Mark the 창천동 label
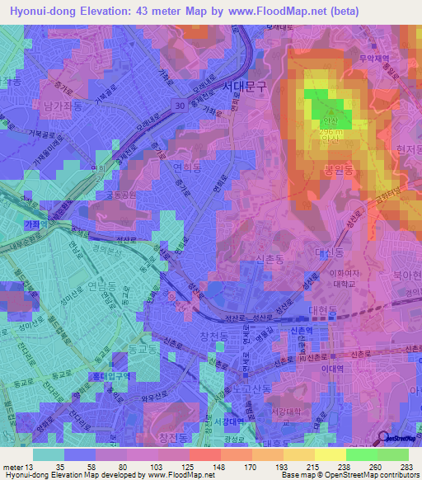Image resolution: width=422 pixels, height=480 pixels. point(213,336)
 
